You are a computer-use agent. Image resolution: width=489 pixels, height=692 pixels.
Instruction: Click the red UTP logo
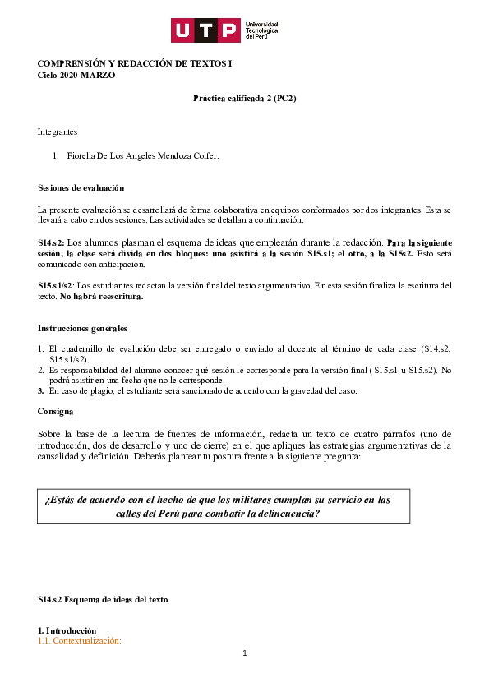click(x=206, y=30)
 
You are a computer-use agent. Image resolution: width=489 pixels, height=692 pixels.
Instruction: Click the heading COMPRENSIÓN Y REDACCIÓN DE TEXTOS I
click(x=135, y=64)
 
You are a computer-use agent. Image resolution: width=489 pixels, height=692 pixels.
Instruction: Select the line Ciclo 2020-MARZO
click(x=76, y=76)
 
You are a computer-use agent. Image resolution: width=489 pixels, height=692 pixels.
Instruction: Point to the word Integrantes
click(x=58, y=131)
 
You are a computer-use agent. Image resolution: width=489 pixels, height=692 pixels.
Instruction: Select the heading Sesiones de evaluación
click(x=81, y=188)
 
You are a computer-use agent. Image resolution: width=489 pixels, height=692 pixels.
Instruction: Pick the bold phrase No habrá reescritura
click(x=102, y=296)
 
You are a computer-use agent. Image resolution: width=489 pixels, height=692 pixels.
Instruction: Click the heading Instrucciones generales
click(x=82, y=329)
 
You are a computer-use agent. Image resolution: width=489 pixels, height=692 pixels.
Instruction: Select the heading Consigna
click(x=56, y=411)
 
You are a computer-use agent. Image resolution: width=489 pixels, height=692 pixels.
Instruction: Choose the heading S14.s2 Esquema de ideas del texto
click(x=103, y=600)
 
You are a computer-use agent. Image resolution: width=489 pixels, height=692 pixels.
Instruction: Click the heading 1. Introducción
click(x=67, y=630)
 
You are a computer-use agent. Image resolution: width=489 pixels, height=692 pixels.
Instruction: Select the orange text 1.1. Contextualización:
click(x=80, y=640)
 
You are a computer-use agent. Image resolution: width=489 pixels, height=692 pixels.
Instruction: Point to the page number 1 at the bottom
click(x=244, y=653)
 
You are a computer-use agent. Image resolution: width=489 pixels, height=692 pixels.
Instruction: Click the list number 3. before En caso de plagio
click(x=40, y=390)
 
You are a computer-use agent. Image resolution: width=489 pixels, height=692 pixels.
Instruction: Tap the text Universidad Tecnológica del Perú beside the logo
click(x=262, y=31)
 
